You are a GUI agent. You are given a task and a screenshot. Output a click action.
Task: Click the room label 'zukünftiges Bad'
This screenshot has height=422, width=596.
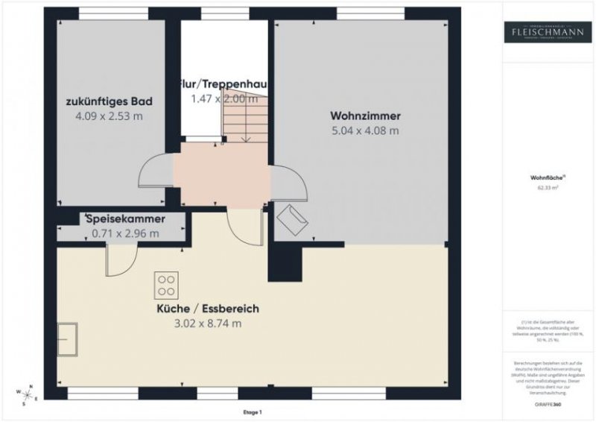(110, 101)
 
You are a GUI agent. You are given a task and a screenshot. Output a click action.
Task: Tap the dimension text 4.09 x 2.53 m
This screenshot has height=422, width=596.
(110, 116)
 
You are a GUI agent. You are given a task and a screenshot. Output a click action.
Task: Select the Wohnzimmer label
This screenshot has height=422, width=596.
(365, 116)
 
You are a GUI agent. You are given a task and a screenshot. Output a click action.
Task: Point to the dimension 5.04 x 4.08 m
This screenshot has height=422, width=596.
(365, 130)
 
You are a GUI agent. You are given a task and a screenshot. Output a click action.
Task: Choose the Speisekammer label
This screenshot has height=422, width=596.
(125, 219)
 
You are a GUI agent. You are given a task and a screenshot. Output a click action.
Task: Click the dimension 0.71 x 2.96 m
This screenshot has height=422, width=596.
(125, 233)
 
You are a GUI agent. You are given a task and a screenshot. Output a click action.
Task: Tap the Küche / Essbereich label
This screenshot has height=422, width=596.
(208, 308)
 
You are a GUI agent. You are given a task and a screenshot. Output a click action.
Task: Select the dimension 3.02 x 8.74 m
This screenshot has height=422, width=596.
(208, 324)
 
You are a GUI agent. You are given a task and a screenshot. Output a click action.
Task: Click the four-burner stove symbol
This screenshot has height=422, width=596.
(166, 286)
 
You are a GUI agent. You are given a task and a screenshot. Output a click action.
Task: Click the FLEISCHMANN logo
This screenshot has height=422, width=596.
(548, 32)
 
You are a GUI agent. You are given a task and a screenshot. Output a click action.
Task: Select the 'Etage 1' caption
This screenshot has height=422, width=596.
(253, 412)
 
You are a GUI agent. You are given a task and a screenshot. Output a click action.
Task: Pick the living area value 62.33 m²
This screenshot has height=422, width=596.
(548, 189)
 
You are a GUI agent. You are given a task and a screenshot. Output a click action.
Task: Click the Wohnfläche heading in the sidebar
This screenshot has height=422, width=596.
(547, 178)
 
